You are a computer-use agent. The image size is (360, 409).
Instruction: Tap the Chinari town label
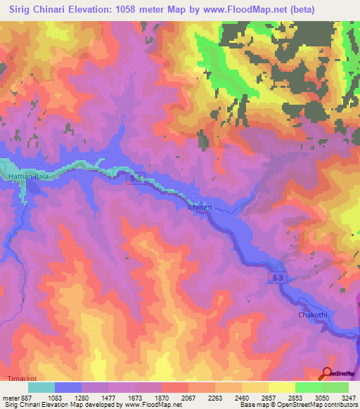[200, 208]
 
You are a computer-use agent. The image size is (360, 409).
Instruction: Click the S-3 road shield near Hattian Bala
[136, 179]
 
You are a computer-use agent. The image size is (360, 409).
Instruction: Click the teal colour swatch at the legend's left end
[41, 387]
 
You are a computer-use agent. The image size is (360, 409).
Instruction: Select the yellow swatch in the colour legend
[282, 387]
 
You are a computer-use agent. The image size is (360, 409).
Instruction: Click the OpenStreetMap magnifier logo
[327, 374]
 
